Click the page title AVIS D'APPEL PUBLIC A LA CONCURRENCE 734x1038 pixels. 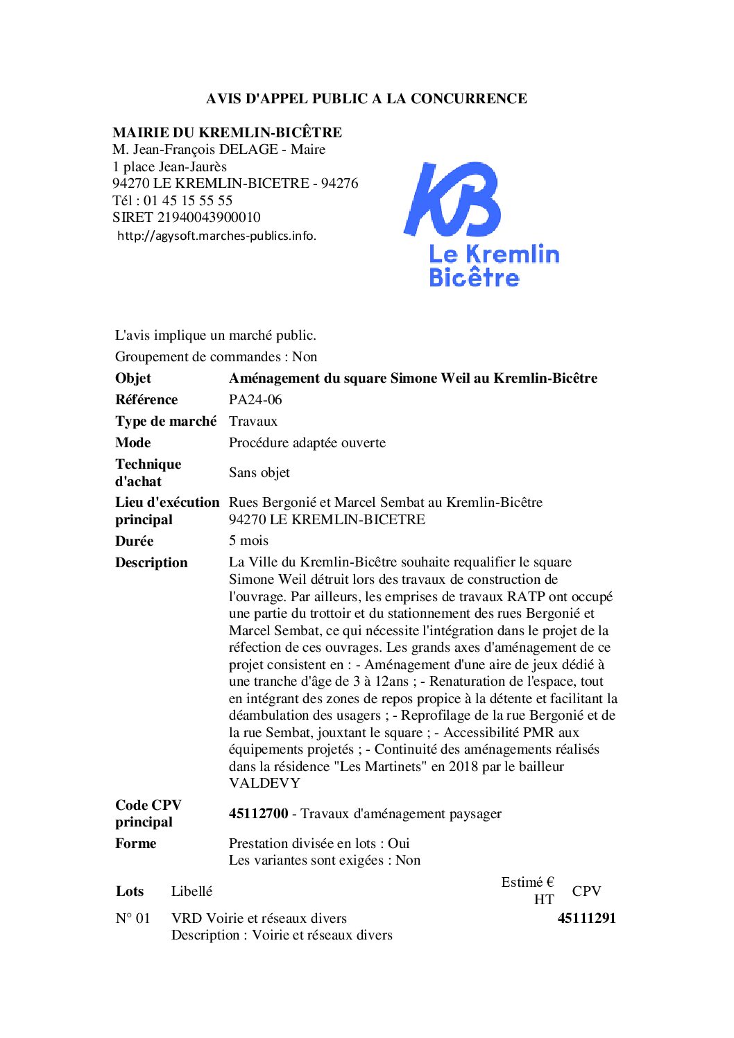coord(366,98)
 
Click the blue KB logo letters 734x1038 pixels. coord(452,200)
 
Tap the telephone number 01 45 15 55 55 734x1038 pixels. coord(188,200)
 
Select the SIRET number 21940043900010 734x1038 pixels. coord(209,217)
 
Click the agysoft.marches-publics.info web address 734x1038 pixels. coord(216,236)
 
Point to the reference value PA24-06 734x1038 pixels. coord(255,399)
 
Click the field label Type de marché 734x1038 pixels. coord(166,421)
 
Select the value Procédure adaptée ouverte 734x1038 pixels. coord(307,442)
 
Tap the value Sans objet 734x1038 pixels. coord(259,472)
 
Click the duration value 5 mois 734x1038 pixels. coord(248,540)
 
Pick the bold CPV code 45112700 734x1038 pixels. coord(258,813)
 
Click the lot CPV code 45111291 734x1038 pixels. coord(586,918)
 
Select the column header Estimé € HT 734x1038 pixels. coord(529,890)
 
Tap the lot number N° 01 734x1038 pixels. coord(133,918)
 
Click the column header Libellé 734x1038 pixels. coord(191,891)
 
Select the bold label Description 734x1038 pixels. coord(151,562)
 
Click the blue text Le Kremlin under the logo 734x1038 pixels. coord(494,254)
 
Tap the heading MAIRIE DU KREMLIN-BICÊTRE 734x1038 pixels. coord(227,132)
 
